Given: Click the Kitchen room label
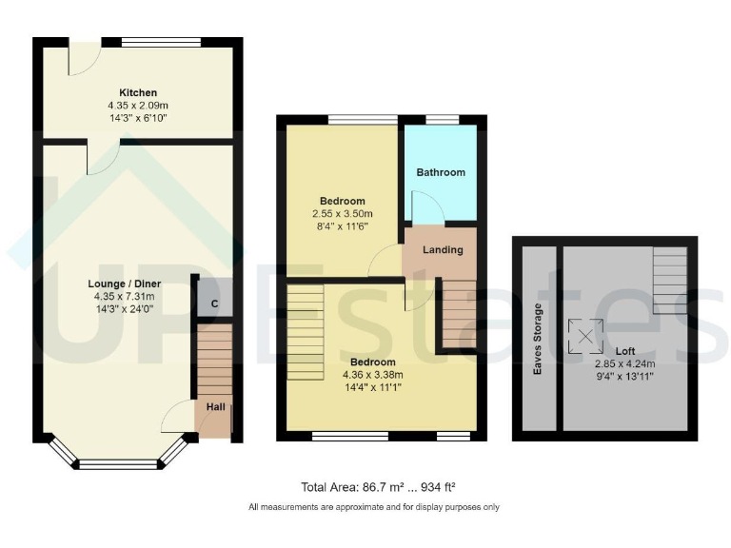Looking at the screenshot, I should (138, 92).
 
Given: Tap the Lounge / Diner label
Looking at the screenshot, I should (125, 284).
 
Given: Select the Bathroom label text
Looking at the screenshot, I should (441, 172).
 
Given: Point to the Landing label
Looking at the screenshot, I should (443, 250).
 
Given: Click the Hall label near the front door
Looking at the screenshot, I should (216, 407).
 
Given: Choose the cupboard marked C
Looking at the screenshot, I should (215, 303).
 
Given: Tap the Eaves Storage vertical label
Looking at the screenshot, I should (538, 339).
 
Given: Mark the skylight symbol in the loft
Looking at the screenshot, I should (583, 334).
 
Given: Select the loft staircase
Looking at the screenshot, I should (670, 281).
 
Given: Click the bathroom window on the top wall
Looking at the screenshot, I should (441, 118).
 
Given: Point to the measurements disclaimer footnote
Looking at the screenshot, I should (373, 507).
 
